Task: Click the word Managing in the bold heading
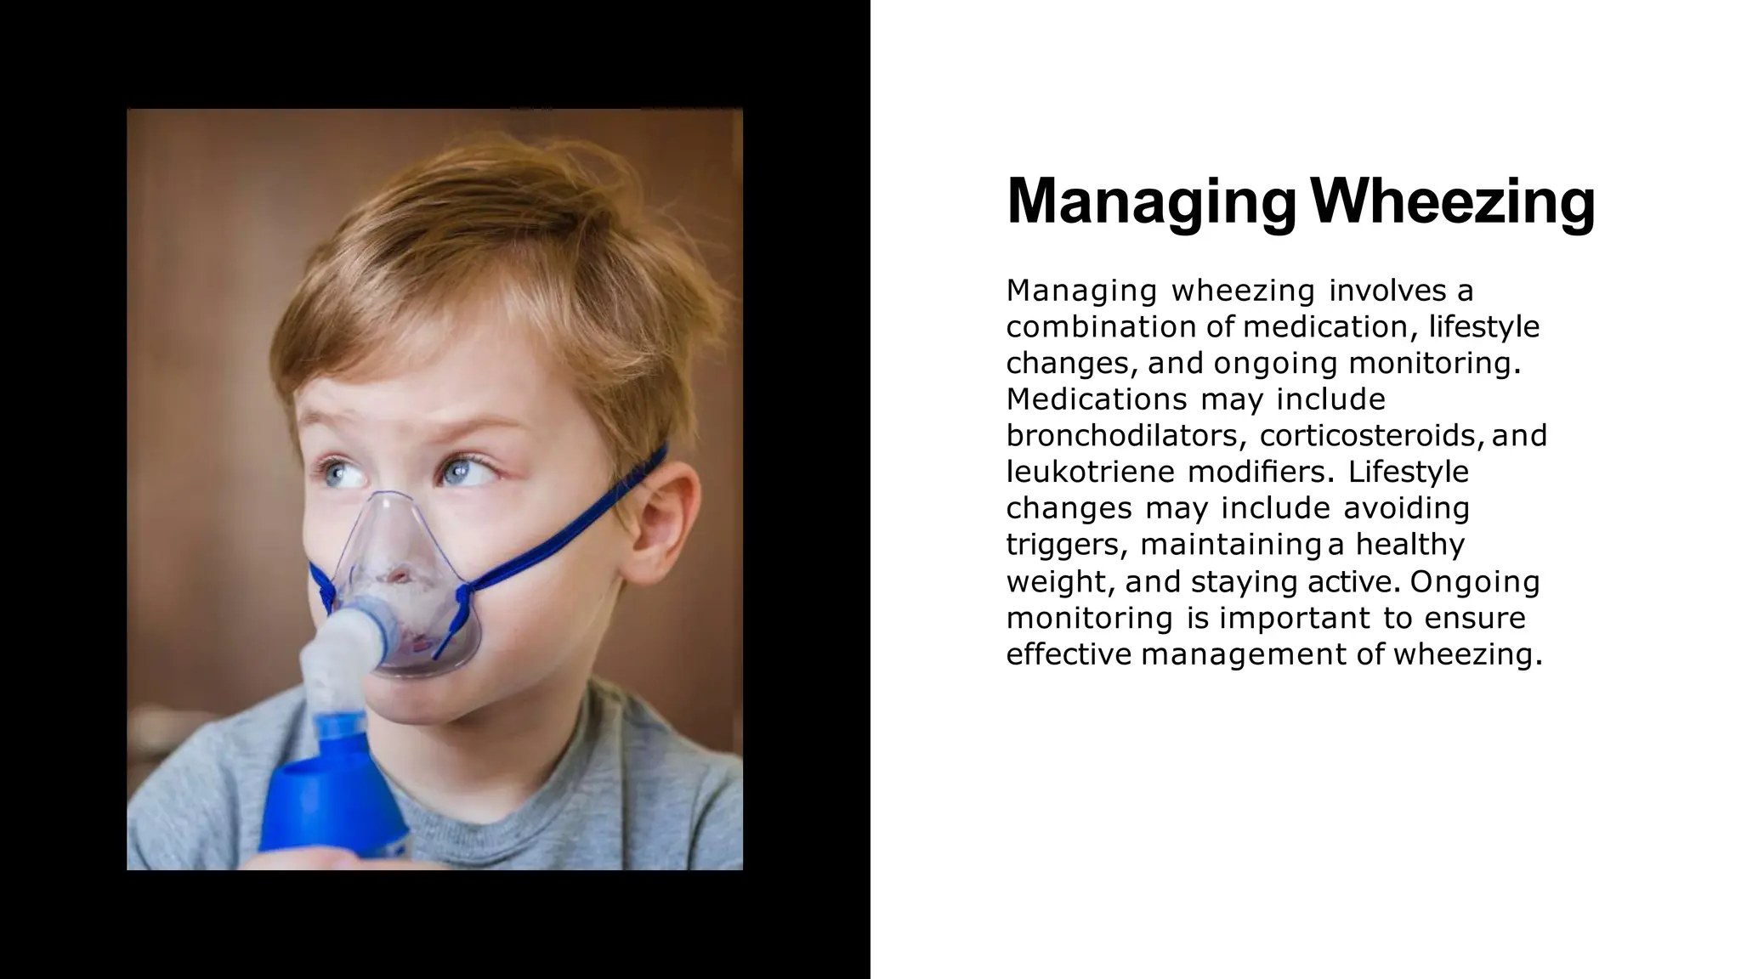click(1151, 203)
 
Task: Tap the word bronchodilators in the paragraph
click(1126, 436)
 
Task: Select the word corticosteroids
click(1372, 436)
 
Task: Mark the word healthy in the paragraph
click(1410, 545)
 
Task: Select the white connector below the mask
click(340, 646)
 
